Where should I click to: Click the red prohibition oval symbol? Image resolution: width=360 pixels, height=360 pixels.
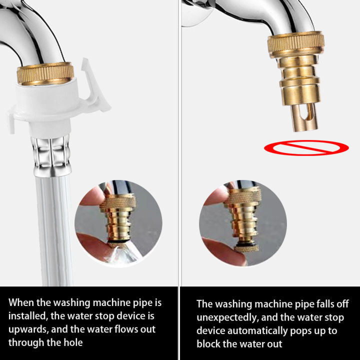click(x=306, y=147)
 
